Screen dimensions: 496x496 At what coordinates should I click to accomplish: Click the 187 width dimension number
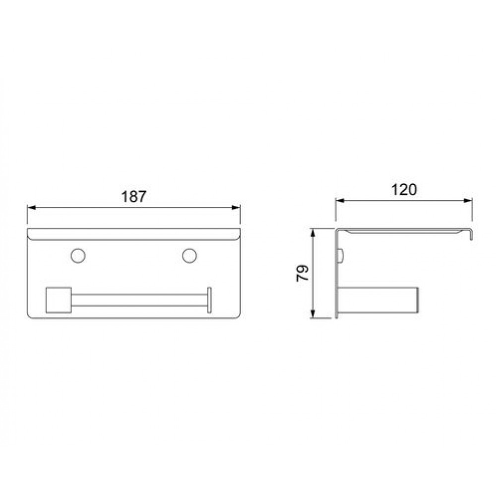click(x=134, y=197)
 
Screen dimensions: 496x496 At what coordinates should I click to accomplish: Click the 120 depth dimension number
click(x=404, y=190)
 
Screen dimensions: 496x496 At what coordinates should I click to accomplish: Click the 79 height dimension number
click(x=303, y=273)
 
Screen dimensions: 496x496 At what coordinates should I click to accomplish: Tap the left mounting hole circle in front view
click(x=78, y=255)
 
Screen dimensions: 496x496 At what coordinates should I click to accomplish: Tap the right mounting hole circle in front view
click(x=189, y=255)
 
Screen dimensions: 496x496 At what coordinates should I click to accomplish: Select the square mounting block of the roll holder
click(x=59, y=300)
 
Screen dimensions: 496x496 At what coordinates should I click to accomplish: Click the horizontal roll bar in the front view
click(x=139, y=300)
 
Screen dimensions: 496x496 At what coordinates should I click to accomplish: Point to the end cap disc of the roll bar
click(x=209, y=300)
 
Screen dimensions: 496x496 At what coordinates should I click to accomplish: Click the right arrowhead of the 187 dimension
click(x=236, y=207)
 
